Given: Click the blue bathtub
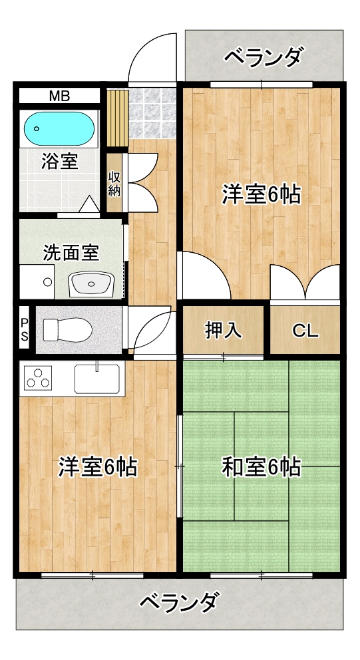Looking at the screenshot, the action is coord(59,128).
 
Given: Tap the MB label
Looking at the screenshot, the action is coord(59,96).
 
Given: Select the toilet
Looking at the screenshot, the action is coord(68,329).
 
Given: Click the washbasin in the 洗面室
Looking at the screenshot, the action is coord(91,283).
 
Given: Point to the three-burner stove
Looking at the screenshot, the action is coord(39,377).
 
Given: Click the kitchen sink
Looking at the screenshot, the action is coord(97,379).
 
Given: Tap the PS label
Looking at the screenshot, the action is coord(25,329).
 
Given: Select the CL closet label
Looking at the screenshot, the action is coord(305,331).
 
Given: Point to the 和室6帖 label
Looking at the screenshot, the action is coord(262,467).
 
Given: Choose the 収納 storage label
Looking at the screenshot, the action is coord(114,184).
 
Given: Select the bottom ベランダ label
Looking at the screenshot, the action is coord(180,602).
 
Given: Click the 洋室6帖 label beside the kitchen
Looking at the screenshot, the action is coord(98,467).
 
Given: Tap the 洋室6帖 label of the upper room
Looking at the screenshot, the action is coord(262,194).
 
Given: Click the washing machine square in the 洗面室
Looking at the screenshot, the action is coord(37,281).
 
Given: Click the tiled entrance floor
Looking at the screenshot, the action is coord(152,113).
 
